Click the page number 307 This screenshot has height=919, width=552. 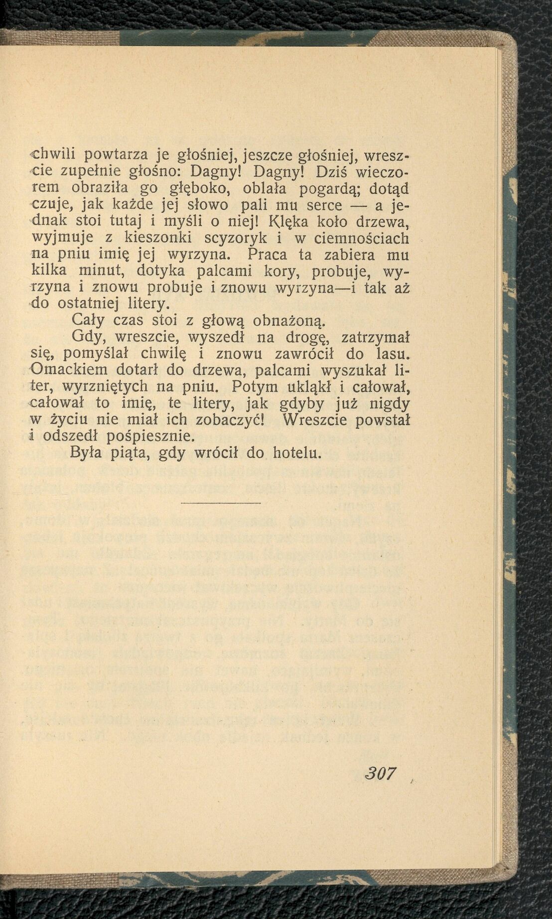pos(381,773)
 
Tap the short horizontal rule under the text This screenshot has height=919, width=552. pos(220,503)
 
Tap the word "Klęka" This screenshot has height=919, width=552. pos(294,222)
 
